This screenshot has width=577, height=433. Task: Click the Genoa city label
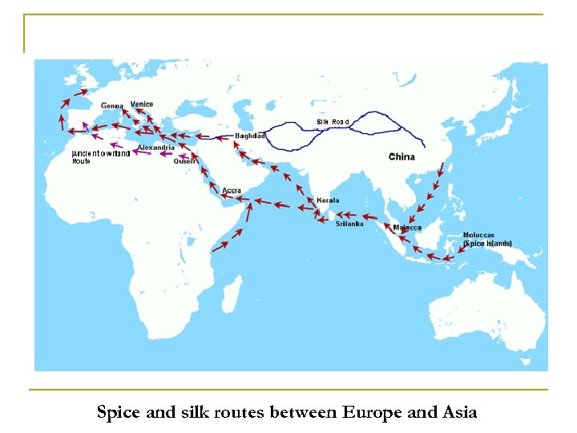112,106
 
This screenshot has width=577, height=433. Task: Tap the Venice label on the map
142,104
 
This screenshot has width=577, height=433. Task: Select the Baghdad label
251,136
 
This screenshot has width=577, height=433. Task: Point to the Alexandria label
156,148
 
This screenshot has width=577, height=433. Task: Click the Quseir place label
185,161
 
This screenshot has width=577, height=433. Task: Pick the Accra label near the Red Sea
232,191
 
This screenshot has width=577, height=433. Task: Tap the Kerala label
328,200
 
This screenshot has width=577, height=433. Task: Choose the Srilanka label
349,224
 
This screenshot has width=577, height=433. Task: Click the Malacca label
407,228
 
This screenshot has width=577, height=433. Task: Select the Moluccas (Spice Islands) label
487,240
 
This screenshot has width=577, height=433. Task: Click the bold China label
401,156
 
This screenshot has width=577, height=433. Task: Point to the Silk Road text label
333,122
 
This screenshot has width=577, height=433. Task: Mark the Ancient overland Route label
101,157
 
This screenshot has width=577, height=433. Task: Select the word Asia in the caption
459,413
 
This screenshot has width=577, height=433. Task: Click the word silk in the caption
186,413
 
